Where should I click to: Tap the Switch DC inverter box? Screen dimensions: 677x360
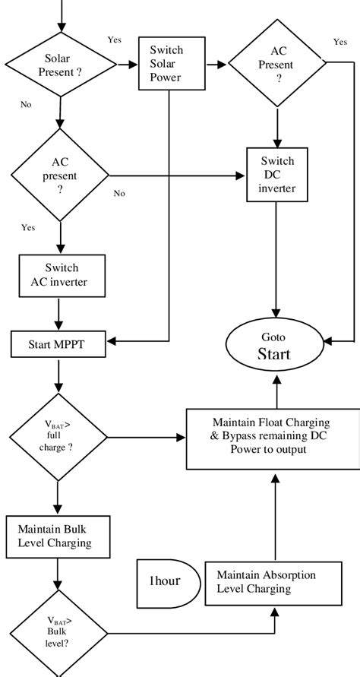tap(277, 174)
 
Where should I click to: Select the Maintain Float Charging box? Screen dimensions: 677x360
tap(273, 437)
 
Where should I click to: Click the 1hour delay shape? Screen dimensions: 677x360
tap(165, 581)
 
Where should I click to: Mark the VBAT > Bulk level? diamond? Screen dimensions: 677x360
tap(58, 632)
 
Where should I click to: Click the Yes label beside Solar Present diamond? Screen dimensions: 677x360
tap(115, 40)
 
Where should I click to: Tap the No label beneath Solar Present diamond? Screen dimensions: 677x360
tap(27, 104)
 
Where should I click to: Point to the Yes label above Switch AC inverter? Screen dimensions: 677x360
tap(28, 227)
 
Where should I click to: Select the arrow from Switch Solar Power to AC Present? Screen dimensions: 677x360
tap(216, 65)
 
